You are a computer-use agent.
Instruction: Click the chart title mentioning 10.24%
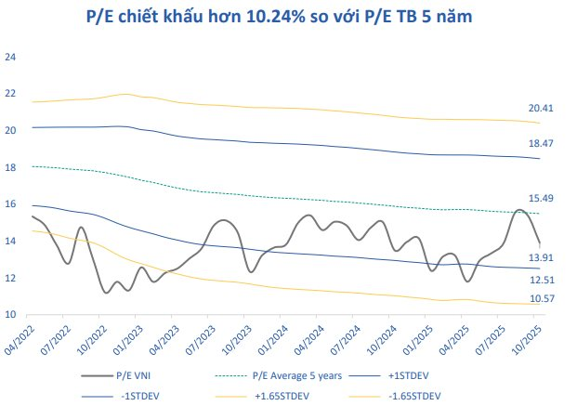coord(288,17)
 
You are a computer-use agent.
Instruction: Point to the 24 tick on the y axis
coord(11,57)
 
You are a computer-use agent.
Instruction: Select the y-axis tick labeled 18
coord(11,167)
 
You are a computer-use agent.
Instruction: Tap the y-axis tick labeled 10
coord(11,315)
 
